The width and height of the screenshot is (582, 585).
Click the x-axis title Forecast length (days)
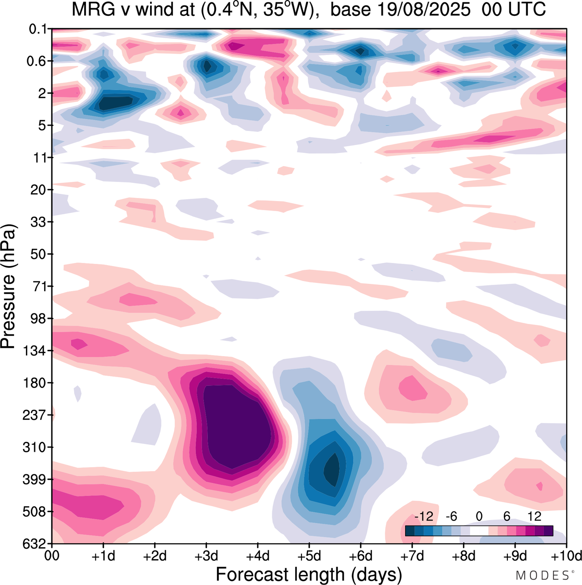(309, 574)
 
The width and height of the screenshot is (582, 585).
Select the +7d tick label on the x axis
(412, 556)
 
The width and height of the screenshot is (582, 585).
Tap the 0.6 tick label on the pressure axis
(37, 61)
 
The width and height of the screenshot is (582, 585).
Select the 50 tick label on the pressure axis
(39, 254)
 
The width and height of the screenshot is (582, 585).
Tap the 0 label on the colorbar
(479, 516)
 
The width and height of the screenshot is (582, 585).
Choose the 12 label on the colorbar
(535, 516)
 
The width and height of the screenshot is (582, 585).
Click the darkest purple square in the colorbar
(548, 530)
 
